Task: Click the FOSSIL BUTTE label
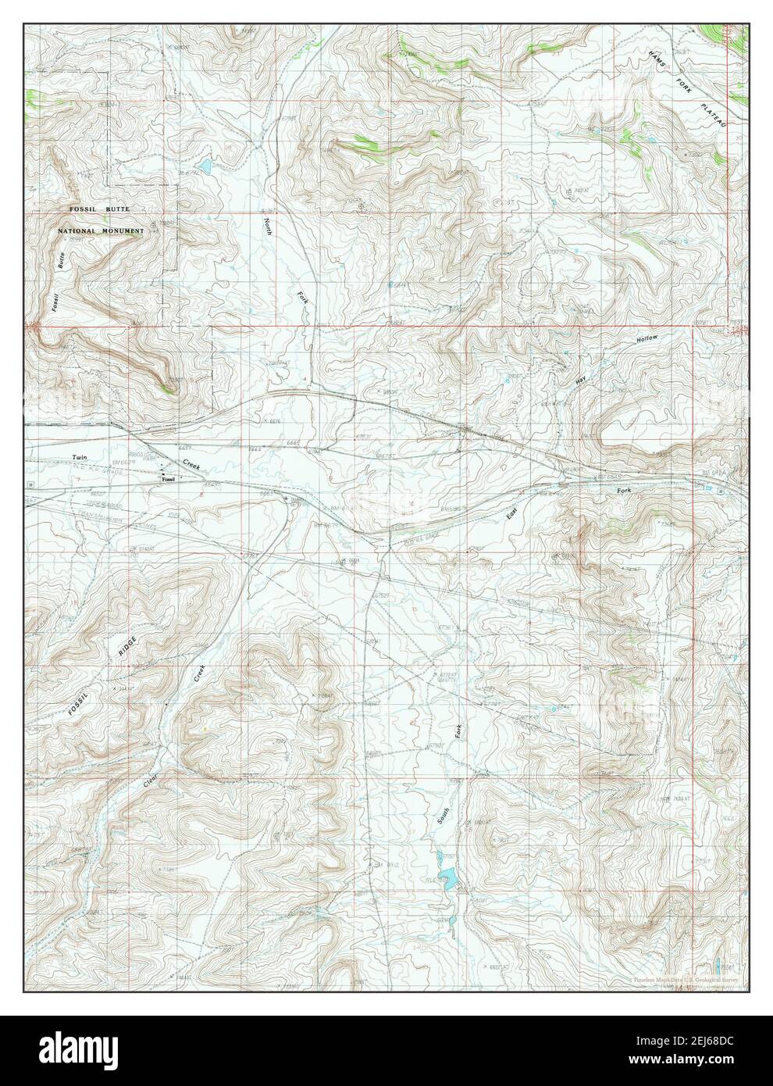tap(98, 211)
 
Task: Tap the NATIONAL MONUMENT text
tap(100, 232)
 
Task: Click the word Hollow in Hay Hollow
tap(647, 340)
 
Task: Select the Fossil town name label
tap(166, 480)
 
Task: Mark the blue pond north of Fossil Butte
tap(205, 166)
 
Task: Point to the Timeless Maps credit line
tap(687, 977)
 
